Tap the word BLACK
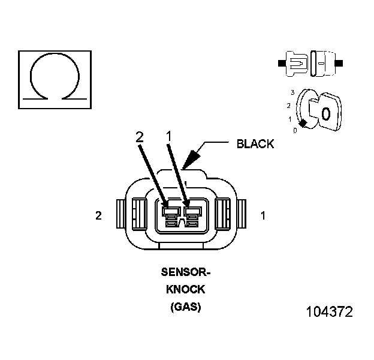pos(255,144)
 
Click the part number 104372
pos(329,312)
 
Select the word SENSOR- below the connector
pos(186,272)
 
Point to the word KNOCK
pos(186,289)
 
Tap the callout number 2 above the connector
pos(140,137)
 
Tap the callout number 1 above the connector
pos(169,137)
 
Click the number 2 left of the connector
pos(98,216)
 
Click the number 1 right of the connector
pos(263,216)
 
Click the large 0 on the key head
pos(325,113)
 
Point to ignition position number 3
pos(292,92)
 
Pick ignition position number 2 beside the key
pos(289,106)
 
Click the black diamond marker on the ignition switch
pos(304,124)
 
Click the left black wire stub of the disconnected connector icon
pos(281,62)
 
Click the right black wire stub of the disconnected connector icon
pos(339,62)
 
